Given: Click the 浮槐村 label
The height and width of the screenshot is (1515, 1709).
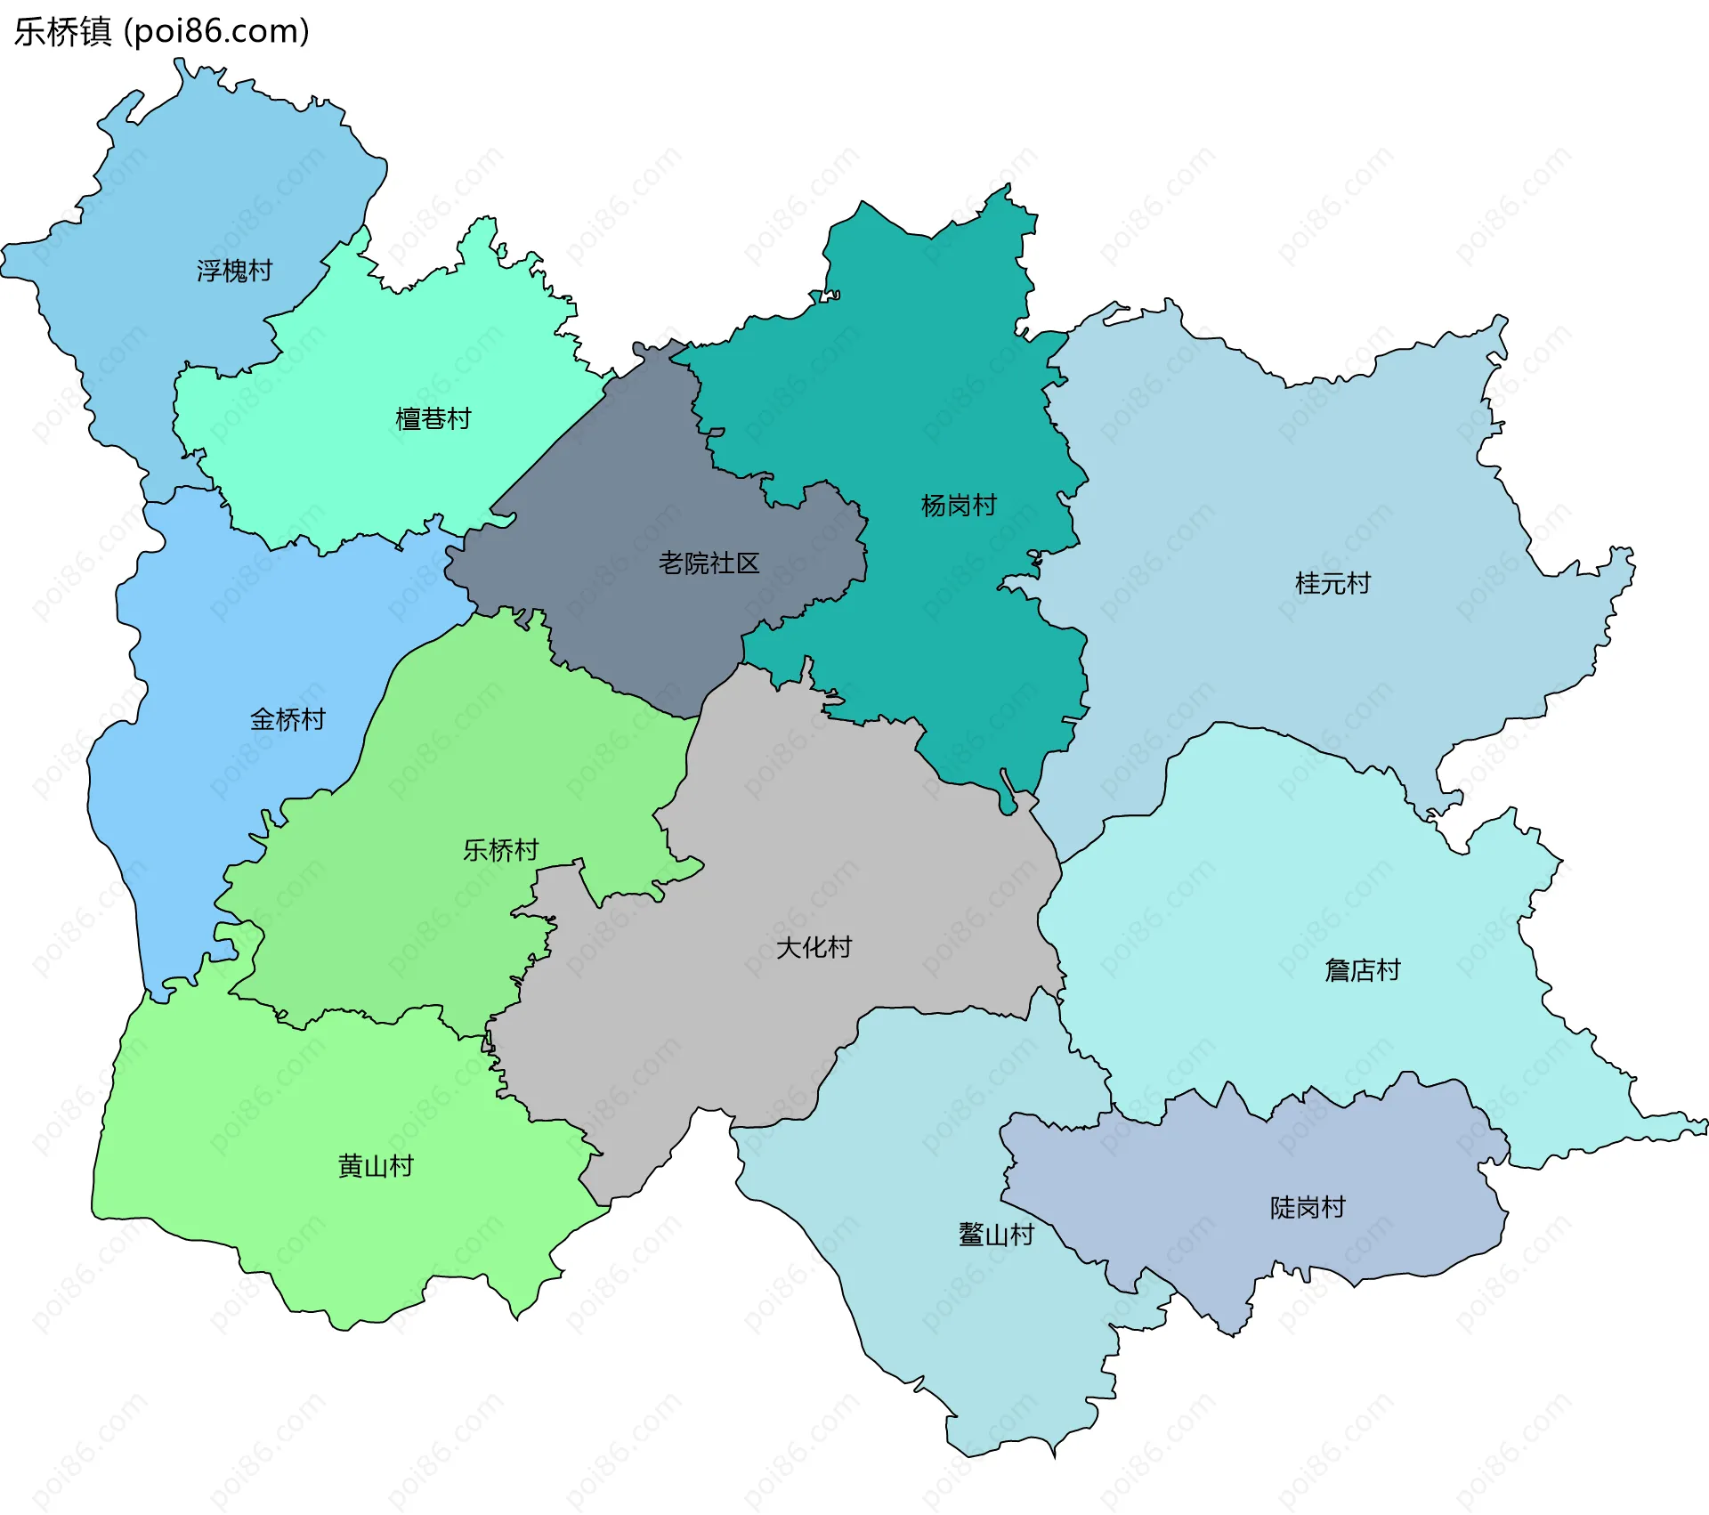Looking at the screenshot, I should pyautogui.click(x=234, y=271).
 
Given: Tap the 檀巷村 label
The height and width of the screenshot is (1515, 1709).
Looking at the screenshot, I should pyautogui.click(x=433, y=418).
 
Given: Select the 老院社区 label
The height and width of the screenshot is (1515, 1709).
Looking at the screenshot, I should pyautogui.click(x=709, y=563).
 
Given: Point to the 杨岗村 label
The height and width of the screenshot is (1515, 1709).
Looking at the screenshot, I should pyautogui.click(x=959, y=506).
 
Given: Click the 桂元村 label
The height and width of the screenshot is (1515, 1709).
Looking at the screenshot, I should pyautogui.click(x=1332, y=584).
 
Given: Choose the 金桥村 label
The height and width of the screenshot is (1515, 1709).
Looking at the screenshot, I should pyautogui.click(x=288, y=719).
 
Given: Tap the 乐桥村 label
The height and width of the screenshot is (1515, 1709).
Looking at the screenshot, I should pyautogui.click(x=500, y=850).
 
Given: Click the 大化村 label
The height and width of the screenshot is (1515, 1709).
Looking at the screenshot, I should pyautogui.click(x=814, y=947).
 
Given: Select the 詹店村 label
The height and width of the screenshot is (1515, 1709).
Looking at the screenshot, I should pyautogui.click(x=1362, y=970).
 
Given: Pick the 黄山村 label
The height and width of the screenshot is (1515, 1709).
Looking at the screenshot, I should pyautogui.click(x=376, y=1166).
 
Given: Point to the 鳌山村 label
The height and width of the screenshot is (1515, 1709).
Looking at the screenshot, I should pyautogui.click(x=996, y=1235).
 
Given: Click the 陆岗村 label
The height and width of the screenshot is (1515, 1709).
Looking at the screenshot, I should pyautogui.click(x=1307, y=1208).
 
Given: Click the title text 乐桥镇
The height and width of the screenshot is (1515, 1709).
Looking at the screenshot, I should pyautogui.click(x=62, y=31).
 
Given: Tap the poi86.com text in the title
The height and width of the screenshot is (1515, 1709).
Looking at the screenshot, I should pyautogui.click(x=216, y=31).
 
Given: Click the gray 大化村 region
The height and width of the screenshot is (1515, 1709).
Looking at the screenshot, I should pyautogui.click(x=801, y=846).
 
